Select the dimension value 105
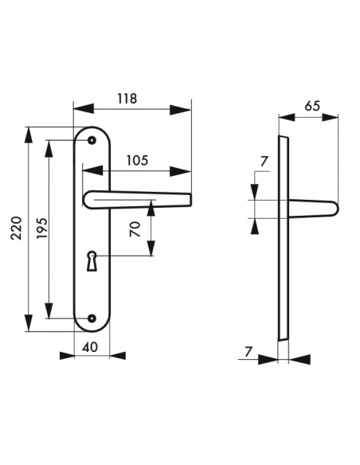(x=137, y=160)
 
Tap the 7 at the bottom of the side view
(x=248, y=350)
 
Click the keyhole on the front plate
(x=92, y=259)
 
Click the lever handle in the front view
(x=135, y=199)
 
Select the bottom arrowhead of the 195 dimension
(x=49, y=313)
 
